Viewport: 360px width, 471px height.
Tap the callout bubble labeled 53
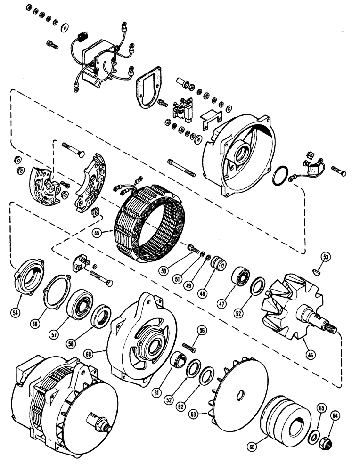click(326, 257)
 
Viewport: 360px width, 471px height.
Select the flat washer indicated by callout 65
click(312, 436)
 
